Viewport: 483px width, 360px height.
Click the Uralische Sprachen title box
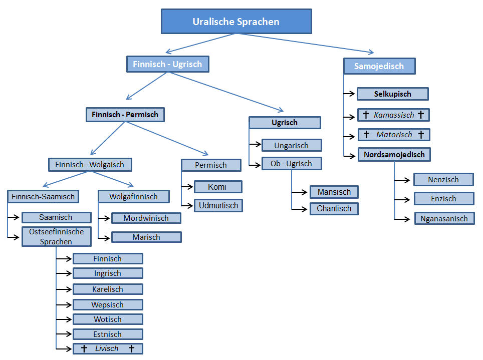[236, 22]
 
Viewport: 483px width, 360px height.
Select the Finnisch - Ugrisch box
[167, 64]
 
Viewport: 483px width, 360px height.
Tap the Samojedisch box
[379, 66]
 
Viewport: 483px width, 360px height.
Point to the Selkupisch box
[392, 94]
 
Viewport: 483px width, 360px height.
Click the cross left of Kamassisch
[365, 115]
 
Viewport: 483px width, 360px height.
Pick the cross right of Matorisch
[421, 135]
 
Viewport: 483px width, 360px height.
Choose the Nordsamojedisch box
[394, 155]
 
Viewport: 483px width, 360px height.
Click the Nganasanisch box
[444, 218]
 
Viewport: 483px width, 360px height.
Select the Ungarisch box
[291, 146]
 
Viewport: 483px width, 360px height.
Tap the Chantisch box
[334, 208]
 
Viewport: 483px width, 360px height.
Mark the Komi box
[217, 187]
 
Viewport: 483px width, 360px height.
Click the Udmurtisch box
[218, 205]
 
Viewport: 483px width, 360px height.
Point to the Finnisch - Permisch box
[125, 115]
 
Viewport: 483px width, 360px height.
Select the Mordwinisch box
[146, 218]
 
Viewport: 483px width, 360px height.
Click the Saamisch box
[56, 217]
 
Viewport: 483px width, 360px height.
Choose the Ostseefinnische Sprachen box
[56, 236]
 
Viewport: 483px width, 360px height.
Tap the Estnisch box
[107, 334]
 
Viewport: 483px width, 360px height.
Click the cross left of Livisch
[83, 348]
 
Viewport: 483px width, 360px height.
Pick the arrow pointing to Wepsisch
[64, 304]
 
